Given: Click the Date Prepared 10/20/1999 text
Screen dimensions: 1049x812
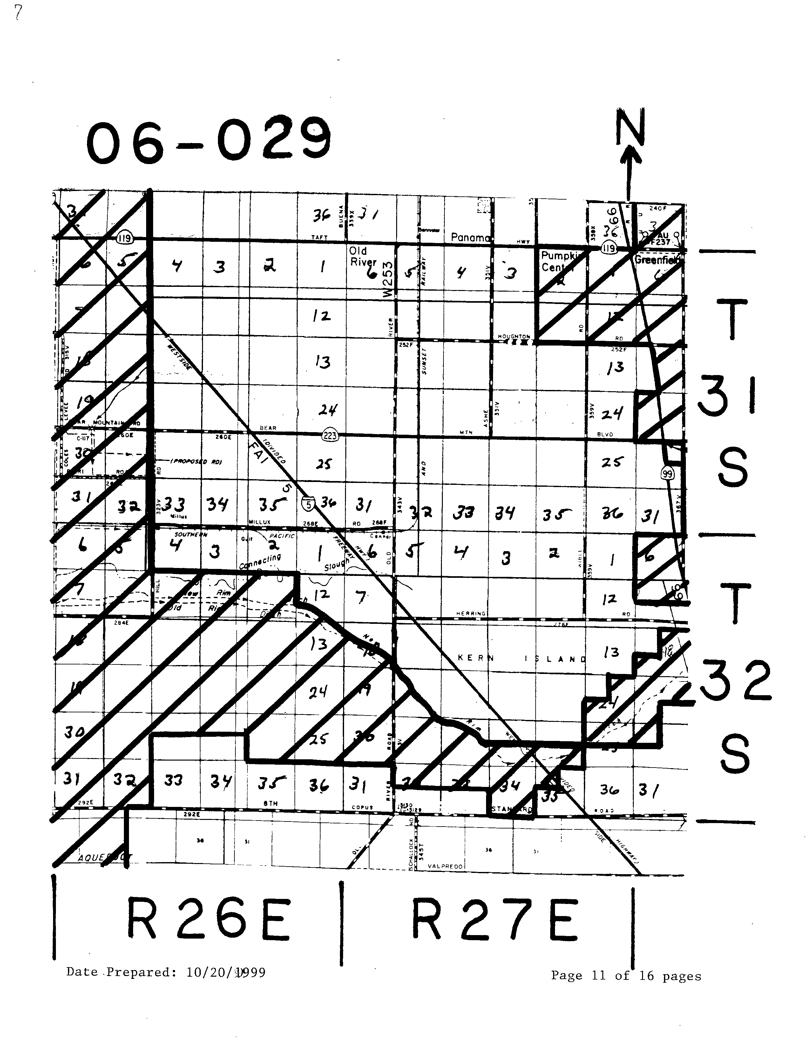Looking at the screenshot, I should click(166, 972).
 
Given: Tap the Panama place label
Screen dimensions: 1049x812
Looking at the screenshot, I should click(470, 237).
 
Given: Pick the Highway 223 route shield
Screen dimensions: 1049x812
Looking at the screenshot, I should click(330, 436).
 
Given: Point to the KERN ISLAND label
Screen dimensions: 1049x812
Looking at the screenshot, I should click(522, 658).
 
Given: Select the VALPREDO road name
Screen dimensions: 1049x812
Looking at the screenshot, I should click(445, 866).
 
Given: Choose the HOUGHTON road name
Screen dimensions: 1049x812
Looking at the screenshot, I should click(513, 337).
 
